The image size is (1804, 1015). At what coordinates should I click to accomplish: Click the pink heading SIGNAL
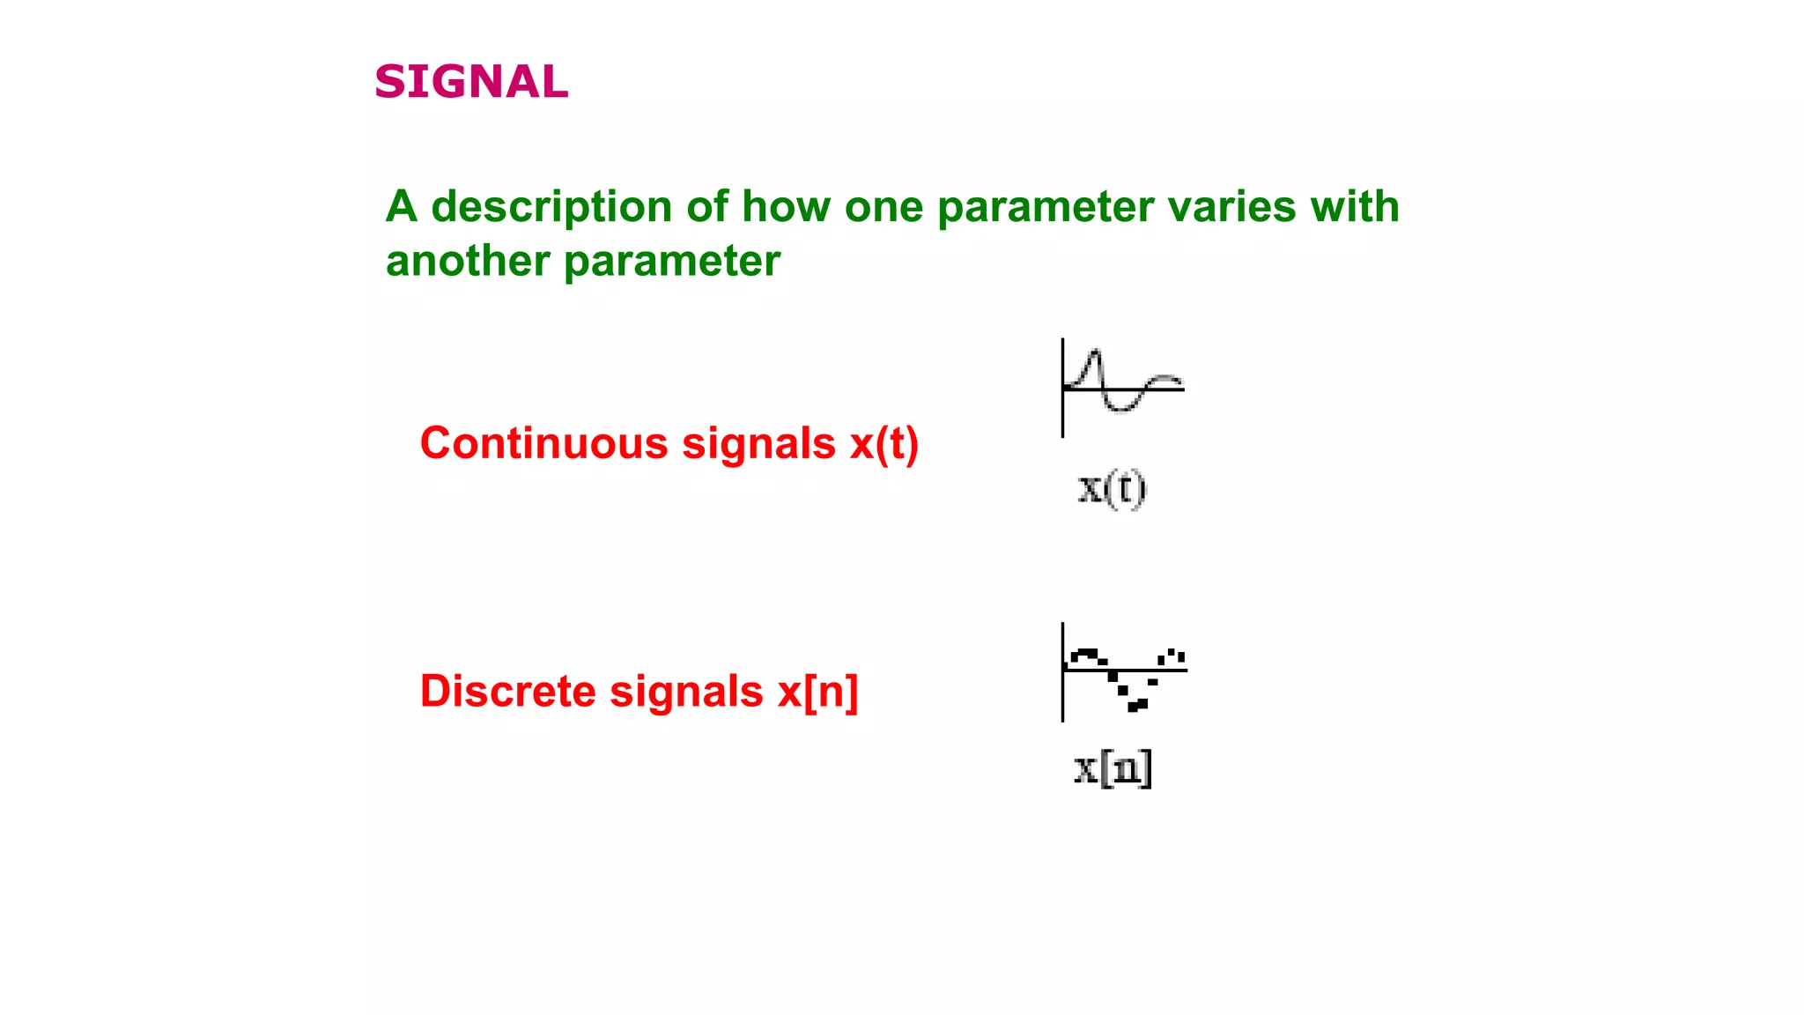click(x=471, y=82)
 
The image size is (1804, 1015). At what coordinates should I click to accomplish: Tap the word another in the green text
click(x=467, y=262)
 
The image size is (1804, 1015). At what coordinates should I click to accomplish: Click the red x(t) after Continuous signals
click(x=884, y=443)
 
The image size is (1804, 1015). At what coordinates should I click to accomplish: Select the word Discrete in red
click(x=508, y=692)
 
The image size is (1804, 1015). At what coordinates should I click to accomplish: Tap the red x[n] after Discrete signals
click(x=817, y=692)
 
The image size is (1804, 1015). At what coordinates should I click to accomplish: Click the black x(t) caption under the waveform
click(x=1113, y=489)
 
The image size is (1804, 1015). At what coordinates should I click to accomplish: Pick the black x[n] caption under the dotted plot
click(x=1113, y=769)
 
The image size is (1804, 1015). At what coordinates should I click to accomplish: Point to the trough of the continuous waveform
click(x=1120, y=409)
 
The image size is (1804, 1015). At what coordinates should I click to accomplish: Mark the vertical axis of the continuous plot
click(x=1062, y=388)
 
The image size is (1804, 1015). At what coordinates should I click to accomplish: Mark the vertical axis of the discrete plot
click(x=1062, y=672)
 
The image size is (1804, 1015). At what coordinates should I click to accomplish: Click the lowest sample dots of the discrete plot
click(x=1137, y=706)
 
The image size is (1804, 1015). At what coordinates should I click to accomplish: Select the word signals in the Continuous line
click(x=758, y=443)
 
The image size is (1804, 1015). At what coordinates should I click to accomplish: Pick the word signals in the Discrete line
click(x=686, y=692)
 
